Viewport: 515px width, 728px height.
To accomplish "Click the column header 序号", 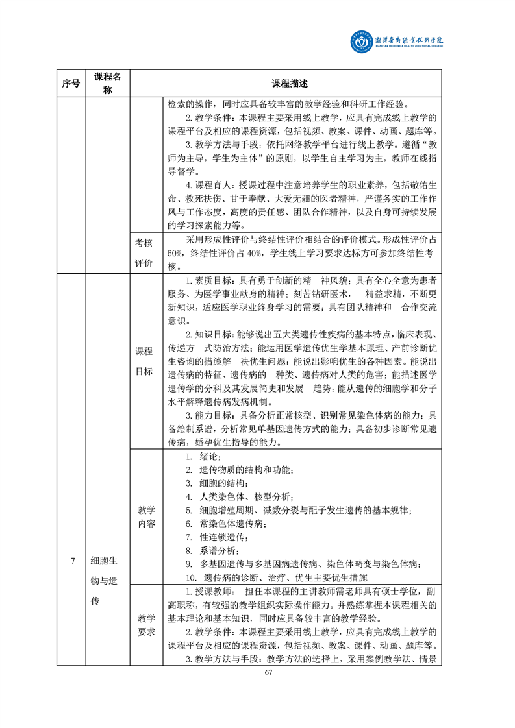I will click(71, 84).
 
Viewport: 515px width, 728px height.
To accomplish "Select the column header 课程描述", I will click(289, 84).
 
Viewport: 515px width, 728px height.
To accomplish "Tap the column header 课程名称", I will click(108, 84).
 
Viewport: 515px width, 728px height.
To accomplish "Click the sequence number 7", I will click(73, 561).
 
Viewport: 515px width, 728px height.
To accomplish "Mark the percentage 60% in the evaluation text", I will click(175, 252).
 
